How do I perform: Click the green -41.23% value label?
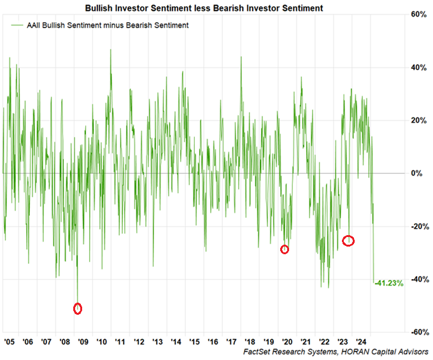point(390,283)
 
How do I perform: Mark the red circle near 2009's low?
point(78,308)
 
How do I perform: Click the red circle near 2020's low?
point(285,249)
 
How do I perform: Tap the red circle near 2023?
point(348,241)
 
